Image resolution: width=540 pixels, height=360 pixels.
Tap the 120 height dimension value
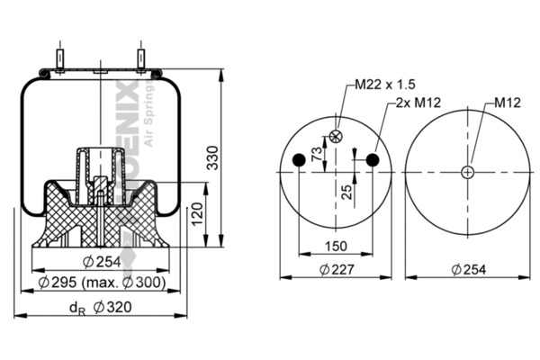click(x=197, y=215)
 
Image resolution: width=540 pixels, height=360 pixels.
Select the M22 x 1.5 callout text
click(x=384, y=85)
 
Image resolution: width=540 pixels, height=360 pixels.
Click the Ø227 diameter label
click(x=335, y=269)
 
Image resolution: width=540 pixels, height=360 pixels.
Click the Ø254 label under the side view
click(x=102, y=262)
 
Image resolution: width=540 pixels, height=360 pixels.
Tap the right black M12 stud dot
click(x=372, y=160)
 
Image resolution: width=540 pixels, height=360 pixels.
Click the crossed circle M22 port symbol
click(x=336, y=136)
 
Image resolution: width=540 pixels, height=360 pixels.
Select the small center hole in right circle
click(x=468, y=172)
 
